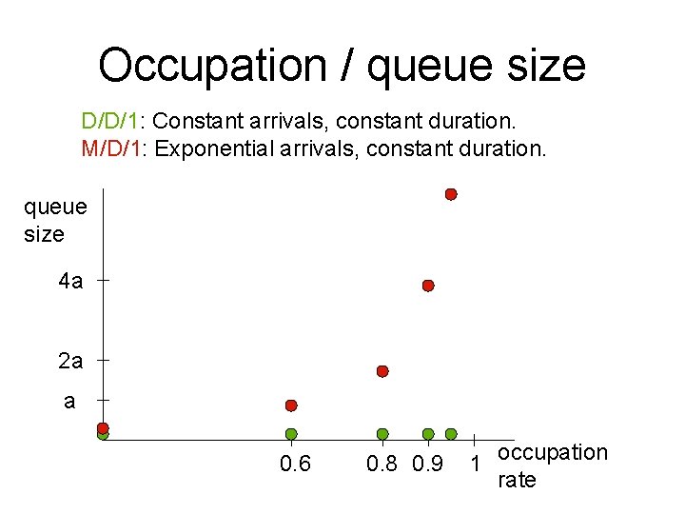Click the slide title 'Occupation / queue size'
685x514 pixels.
point(342,66)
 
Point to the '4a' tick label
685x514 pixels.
point(70,281)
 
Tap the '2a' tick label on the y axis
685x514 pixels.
point(70,362)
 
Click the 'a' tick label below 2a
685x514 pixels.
point(68,401)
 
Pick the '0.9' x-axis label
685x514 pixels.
point(428,465)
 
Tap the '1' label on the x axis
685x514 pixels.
point(474,465)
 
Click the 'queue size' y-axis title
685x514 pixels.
point(54,220)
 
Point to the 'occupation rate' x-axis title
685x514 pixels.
point(552,465)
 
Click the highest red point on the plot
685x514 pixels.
point(451,194)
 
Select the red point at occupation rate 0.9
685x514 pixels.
point(428,286)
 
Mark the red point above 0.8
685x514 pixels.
point(382,370)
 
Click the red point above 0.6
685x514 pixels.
point(291,405)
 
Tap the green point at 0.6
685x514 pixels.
point(291,434)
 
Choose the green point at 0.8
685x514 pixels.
point(382,434)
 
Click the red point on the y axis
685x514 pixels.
point(103,428)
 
